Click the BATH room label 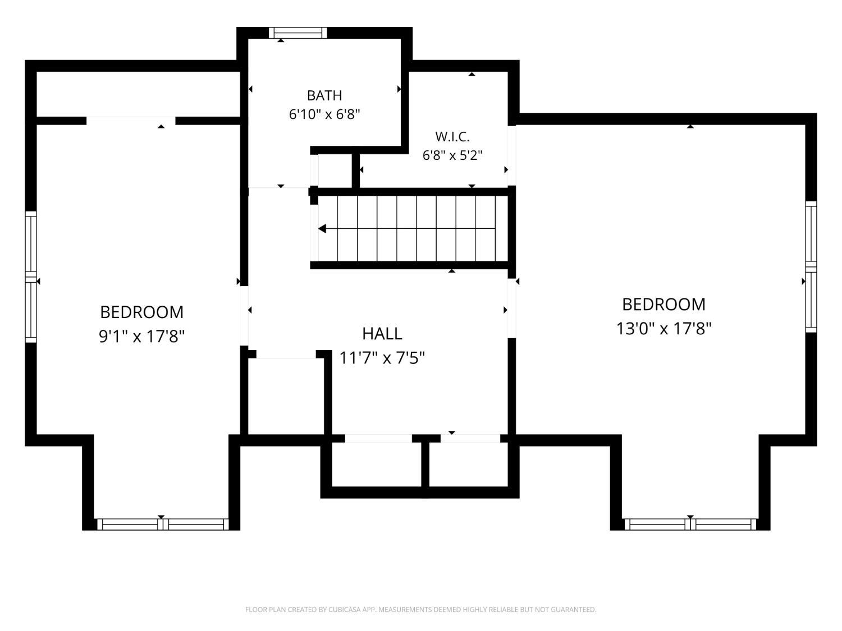coord(324,95)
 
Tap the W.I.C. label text coord(452,137)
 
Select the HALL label coord(382,334)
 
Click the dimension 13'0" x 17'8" coord(663,329)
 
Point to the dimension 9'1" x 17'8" coord(141,337)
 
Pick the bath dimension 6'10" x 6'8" coord(324,114)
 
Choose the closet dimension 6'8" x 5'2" coord(452,155)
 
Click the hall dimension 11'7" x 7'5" coord(382,358)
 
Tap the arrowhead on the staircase coord(322,229)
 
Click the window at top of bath coord(298,33)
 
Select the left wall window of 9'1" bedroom coord(31,277)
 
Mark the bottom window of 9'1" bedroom coord(163,524)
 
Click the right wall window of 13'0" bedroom coord(811,267)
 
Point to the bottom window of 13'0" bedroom coord(690,524)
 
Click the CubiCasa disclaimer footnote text coord(421,610)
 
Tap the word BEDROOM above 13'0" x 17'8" coord(663,305)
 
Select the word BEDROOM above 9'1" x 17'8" coord(141,312)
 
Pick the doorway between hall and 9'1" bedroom coord(244,316)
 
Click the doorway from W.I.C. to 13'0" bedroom coord(512,156)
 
